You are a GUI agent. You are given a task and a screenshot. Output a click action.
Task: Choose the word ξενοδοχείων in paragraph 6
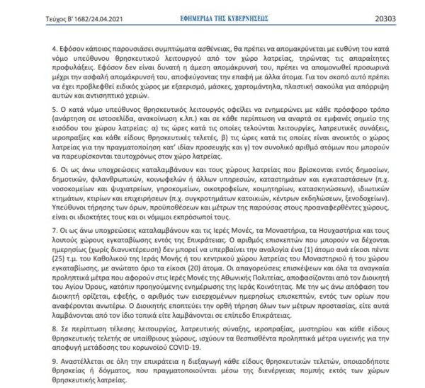(358, 197)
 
